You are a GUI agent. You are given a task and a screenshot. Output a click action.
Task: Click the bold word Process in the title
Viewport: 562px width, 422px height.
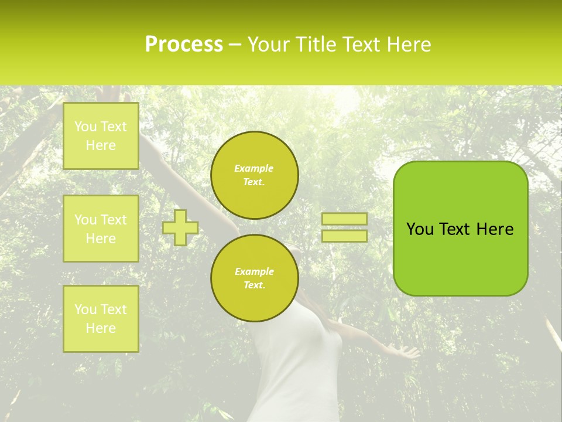(x=184, y=44)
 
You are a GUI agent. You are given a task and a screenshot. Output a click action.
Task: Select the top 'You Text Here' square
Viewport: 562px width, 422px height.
(x=101, y=136)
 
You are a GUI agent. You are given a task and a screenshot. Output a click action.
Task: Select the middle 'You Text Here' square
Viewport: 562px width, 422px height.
(x=101, y=229)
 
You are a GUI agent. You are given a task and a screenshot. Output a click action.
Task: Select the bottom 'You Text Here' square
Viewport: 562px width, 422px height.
(x=101, y=318)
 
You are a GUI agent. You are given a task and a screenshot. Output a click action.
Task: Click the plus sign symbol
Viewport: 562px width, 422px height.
(x=180, y=227)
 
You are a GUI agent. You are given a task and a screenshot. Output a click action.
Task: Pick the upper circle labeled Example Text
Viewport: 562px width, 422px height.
(x=254, y=175)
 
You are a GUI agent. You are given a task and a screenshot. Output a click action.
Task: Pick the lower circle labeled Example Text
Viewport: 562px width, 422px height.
(x=254, y=278)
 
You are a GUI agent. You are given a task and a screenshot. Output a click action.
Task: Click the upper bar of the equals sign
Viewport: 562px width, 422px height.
(x=344, y=219)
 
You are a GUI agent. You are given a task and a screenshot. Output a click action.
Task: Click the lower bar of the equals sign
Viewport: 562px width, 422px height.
(x=344, y=236)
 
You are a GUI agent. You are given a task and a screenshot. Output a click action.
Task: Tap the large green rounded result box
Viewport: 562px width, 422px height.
(x=460, y=258)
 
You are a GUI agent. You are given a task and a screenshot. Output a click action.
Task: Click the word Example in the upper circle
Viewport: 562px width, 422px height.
(x=253, y=168)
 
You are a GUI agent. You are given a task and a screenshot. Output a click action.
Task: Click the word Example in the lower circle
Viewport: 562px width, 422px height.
(x=254, y=271)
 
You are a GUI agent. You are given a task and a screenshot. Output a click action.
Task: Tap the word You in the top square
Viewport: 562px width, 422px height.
(x=85, y=127)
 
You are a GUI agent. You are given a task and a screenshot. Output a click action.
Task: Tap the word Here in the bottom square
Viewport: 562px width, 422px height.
(x=101, y=328)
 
